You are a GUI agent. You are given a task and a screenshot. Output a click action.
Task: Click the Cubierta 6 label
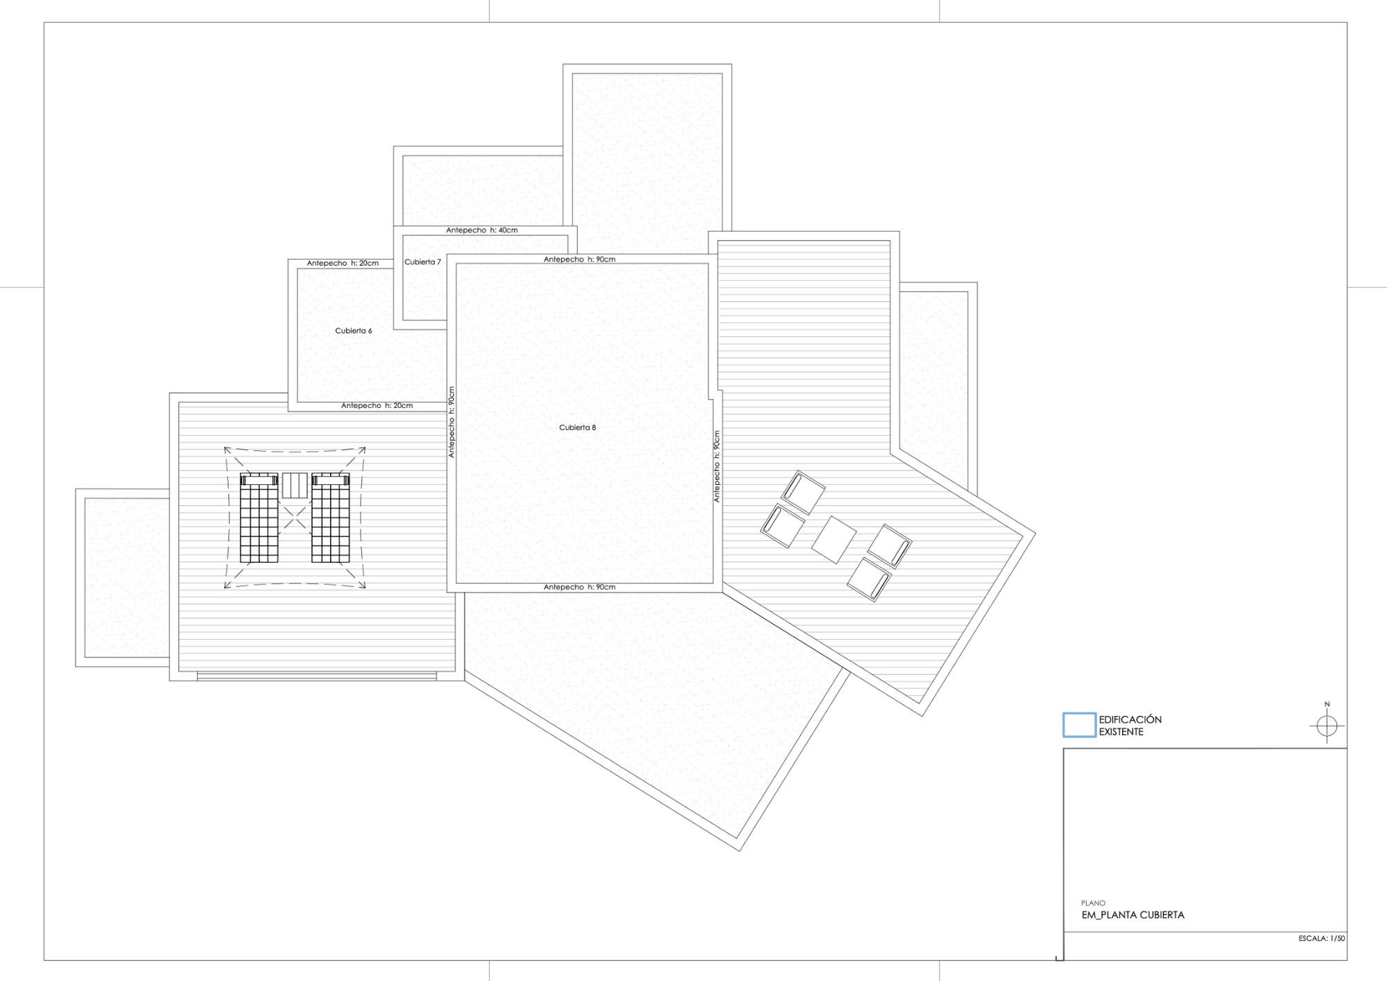(x=353, y=331)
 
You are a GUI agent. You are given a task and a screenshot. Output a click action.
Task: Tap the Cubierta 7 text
(x=422, y=262)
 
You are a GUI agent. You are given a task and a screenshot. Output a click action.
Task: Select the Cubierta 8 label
(x=578, y=427)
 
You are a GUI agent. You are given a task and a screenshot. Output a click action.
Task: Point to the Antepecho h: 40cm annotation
(x=482, y=230)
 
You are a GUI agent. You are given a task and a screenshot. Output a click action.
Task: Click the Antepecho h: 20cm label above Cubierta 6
(x=343, y=264)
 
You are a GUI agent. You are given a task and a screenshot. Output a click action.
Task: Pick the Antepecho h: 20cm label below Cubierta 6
(x=377, y=406)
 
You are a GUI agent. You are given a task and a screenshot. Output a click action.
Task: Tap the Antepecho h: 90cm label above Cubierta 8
(x=579, y=259)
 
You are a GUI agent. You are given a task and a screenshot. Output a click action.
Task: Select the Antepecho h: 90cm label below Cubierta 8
(x=579, y=587)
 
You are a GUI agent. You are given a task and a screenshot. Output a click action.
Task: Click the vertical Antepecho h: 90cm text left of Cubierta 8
(x=451, y=422)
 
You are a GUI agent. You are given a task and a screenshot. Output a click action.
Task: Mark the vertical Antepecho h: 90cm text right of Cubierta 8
(x=717, y=466)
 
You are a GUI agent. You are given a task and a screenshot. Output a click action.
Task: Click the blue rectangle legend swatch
(x=1079, y=725)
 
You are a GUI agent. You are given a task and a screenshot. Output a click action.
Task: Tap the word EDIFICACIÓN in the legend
(x=1130, y=719)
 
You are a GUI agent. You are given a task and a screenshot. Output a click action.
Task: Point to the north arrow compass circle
(x=1327, y=726)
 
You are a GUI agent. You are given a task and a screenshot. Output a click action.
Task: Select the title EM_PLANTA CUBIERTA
(x=1133, y=915)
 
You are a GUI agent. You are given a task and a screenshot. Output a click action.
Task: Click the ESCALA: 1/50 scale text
(x=1322, y=939)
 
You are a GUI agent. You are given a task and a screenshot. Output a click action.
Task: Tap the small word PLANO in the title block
(x=1093, y=903)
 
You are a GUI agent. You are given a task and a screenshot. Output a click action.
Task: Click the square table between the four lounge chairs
(x=834, y=540)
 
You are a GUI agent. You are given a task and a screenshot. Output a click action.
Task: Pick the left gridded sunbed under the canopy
(x=259, y=518)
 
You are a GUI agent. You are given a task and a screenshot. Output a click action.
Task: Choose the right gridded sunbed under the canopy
(x=331, y=518)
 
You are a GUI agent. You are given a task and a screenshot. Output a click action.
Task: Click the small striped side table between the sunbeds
(x=294, y=486)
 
